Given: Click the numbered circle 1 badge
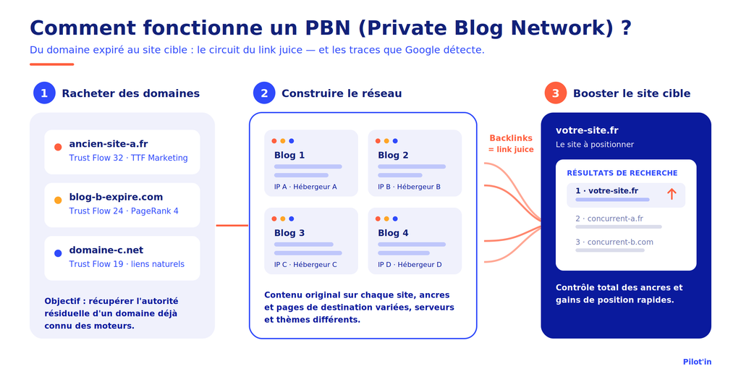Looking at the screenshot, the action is pos(44,93).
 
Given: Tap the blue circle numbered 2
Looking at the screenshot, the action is pos(264,93).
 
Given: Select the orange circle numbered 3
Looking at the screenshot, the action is pos(556,93).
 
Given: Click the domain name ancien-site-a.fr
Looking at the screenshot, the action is pos(109,144).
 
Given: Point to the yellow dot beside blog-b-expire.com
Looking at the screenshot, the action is pos(58,200).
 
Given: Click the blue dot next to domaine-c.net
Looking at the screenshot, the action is pos(58,253).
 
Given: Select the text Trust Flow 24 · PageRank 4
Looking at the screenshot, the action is pos(124,211).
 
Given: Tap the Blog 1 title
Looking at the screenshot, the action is pos(289,155).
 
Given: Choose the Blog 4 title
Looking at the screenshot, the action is pos(393,233).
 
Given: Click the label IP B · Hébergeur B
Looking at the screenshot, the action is pos(410,187).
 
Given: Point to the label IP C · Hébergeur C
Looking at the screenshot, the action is pos(305,265).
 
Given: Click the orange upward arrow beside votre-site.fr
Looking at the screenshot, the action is pos(672,193).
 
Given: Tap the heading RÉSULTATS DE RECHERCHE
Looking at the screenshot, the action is pos(622,173).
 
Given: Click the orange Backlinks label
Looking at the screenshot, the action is pos(511,138).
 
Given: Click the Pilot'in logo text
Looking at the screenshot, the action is pos(697,362).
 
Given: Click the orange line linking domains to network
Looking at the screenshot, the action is pos(232,225).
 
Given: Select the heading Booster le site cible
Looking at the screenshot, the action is pos(632,93).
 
